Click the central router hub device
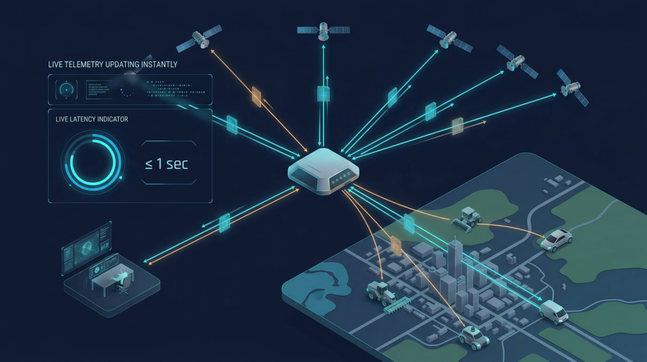pyautogui.click(x=323, y=170)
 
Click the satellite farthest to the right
pyautogui.click(x=572, y=87)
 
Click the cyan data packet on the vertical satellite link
pyautogui.click(x=323, y=94)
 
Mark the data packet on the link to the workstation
pyautogui.click(x=224, y=223)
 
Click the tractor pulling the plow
pyautogui.click(x=380, y=292)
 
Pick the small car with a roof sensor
pyautogui.click(x=473, y=337)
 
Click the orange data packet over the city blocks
pyautogui.click(x=396, y=245)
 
